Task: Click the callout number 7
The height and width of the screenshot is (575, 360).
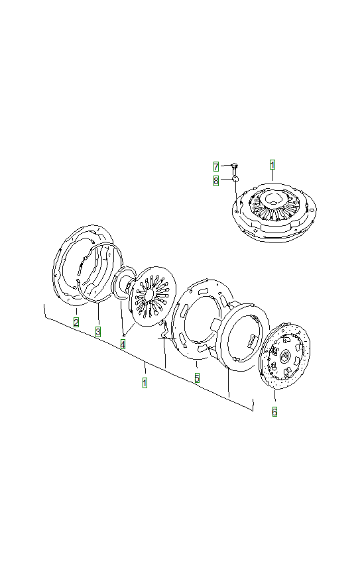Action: point(216,166)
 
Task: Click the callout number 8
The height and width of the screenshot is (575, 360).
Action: point(216,180)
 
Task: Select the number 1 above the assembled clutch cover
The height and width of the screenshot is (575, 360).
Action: point(272,164)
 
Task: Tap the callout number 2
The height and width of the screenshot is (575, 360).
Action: point(76,323)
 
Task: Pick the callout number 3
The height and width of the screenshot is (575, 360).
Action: point(97,331)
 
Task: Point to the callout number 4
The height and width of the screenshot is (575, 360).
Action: point(123,344)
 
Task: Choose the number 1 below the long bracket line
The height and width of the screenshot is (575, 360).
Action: point(145,382)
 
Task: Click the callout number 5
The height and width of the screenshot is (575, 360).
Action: point(197,378)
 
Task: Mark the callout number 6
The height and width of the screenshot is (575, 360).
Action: point(274,411)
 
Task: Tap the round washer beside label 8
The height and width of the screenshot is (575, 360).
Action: point(235,178)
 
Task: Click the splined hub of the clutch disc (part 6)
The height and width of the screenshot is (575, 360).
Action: point(284,357)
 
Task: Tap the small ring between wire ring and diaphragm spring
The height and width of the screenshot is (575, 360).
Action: point(123,284)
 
